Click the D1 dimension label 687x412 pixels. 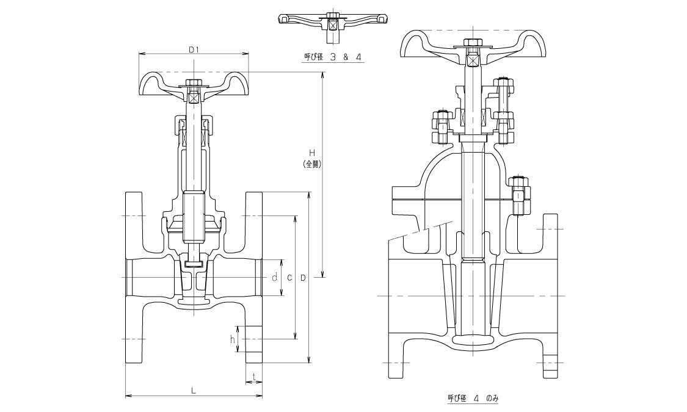coord(193,49)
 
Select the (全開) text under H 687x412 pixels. coord(311,164)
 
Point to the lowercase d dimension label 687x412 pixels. coord(275,277)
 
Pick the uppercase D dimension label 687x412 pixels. coord(303,277)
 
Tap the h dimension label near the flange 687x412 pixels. coord(233,339)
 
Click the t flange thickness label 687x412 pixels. coord(253,376)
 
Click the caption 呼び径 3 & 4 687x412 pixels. coord(333,57)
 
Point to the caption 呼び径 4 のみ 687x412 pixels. coord(473,398)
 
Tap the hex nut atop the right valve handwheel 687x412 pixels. coord(472,43)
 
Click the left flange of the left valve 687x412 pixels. coord(134,278)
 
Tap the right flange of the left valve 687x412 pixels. coord(253,278)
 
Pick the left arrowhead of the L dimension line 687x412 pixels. coord(127,396)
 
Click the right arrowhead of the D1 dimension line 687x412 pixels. coord(247,54)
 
